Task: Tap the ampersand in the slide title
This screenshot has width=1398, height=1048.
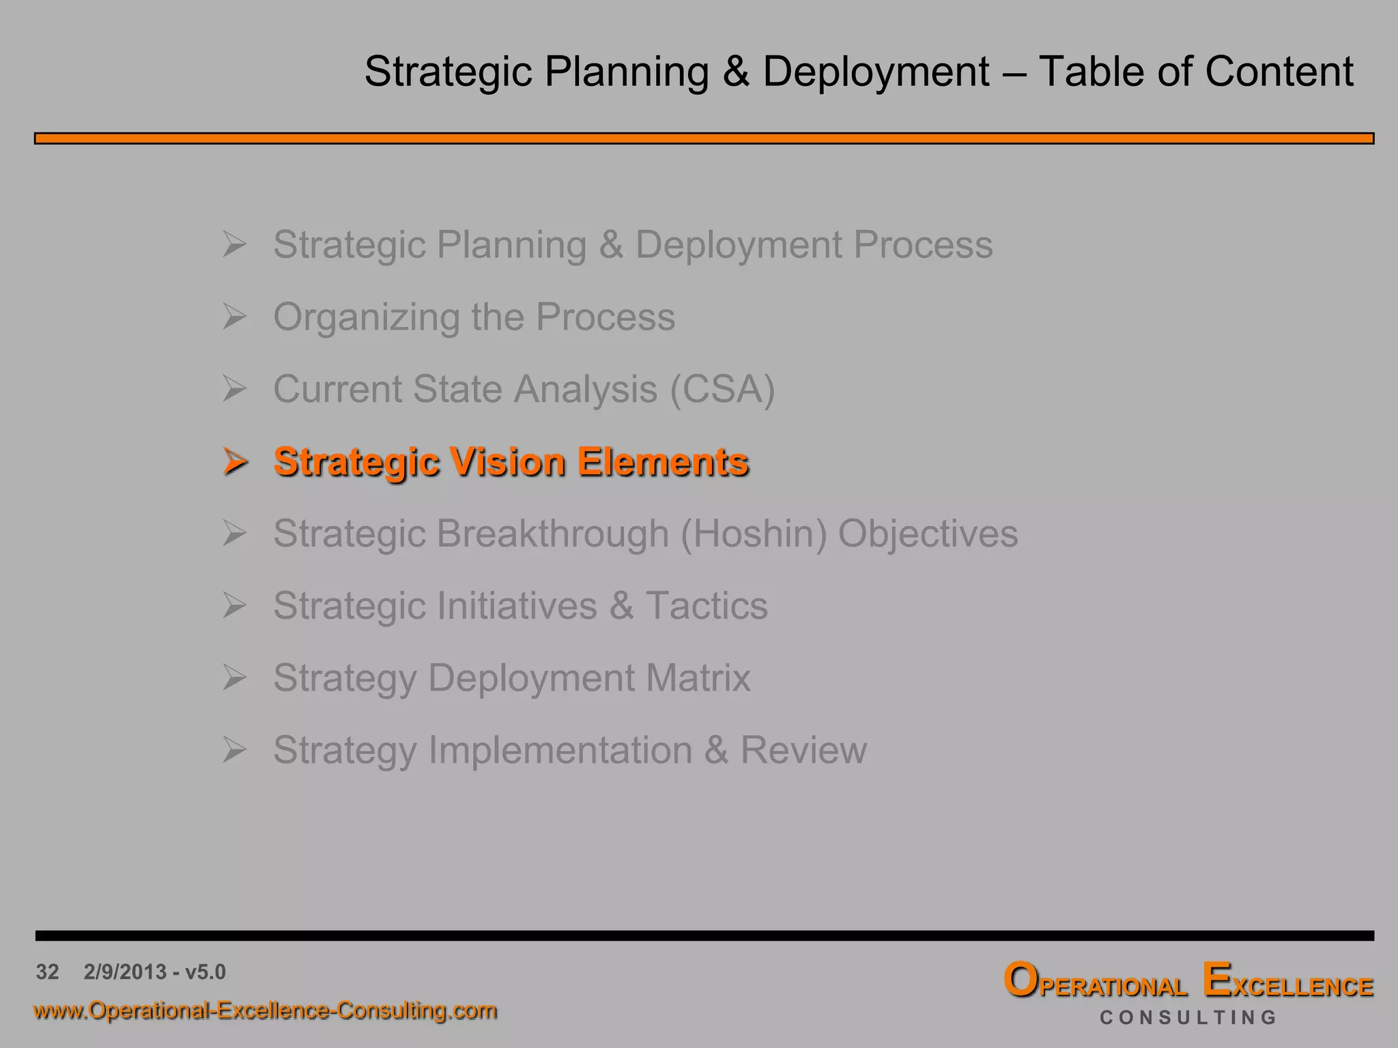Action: (736, 72)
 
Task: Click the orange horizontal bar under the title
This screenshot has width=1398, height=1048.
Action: (703, 139)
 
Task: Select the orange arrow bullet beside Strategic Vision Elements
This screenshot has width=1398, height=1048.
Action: (235, 461)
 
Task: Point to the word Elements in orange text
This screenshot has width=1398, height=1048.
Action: (663, 462)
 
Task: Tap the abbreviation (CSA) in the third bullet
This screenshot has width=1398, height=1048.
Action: (722, 390)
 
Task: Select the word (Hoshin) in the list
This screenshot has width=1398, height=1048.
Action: (754, 534)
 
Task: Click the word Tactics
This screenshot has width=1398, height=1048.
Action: (707, 606)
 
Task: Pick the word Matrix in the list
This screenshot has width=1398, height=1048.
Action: (698, 678)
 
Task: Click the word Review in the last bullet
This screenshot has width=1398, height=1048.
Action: (803, 751)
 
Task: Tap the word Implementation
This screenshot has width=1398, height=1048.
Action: (560, 751)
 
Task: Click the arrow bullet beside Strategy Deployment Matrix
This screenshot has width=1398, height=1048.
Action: (234, 678)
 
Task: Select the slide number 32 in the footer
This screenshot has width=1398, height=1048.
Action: (48, 972)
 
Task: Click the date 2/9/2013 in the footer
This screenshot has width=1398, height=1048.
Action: (125, 972)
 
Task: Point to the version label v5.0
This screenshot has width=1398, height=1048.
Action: (205, 972)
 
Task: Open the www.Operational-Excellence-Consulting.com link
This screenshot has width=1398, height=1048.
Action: (265, 1010)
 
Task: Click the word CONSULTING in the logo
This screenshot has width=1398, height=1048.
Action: (1188, 1017)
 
